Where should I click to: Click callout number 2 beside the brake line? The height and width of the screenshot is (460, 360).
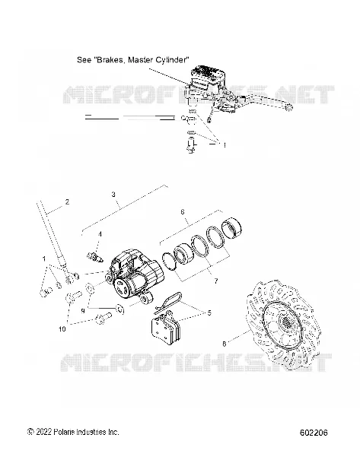(x=68, y=201)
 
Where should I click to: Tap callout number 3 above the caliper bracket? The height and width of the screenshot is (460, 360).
(x=113, y=194)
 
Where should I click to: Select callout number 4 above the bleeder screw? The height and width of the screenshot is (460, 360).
(x=100, y=234)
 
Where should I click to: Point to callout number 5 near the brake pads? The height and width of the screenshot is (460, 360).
(x=209, y=312)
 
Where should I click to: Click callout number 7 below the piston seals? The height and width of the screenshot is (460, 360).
(x=216, y=281)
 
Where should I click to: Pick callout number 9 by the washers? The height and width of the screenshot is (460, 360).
(x=83, y=310)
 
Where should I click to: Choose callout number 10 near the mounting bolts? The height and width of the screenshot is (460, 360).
(x=62, y=329)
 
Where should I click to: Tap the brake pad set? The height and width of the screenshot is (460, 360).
(x=166, y=328)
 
